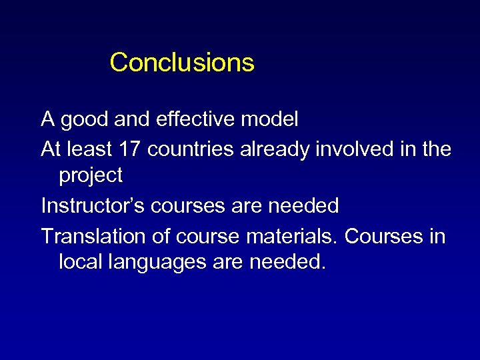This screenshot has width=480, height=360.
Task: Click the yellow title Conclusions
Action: (182, 63)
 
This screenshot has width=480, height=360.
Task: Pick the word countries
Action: (190, 149)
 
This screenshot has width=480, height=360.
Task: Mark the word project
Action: (91, 176)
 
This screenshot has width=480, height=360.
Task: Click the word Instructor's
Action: (93, 206)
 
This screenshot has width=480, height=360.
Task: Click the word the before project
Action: (436, 149)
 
